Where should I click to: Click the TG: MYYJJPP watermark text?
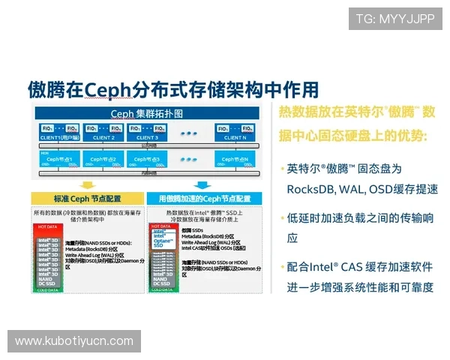click(394, 18)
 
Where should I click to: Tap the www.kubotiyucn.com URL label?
click(74, 341)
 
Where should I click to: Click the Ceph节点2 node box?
click(103, 160)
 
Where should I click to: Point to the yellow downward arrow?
click(88, 184)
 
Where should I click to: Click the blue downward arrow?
click(202, 184)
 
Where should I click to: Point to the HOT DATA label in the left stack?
click(46, 226)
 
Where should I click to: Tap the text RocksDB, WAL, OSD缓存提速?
click(362, 189)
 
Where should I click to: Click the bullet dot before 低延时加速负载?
click(282, 218)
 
